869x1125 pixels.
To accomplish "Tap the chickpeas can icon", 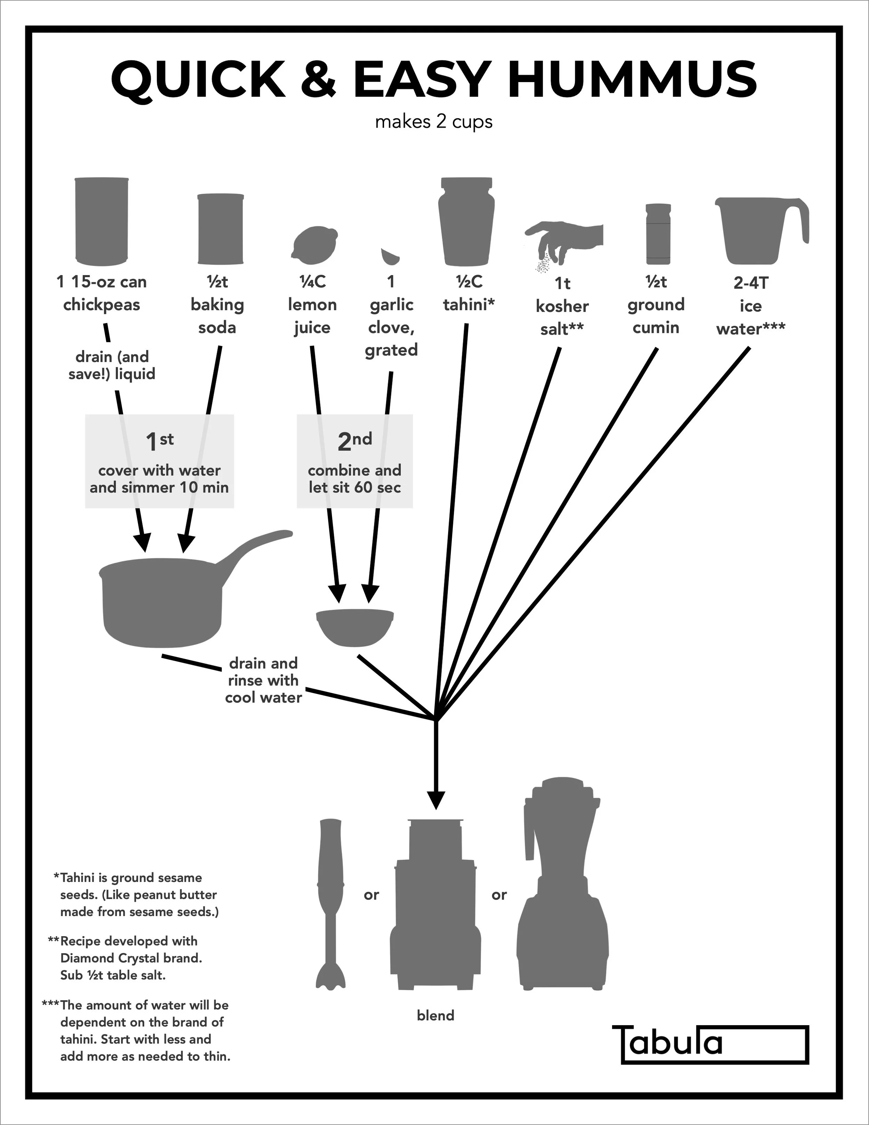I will [x=101, y=220].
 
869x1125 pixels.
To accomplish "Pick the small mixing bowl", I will [x=355, y=627].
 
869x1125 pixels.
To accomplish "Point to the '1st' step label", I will [x=160, y=441].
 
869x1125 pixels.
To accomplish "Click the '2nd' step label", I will [x=355, y=441].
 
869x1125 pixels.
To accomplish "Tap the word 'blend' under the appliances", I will [x=436, y=1015].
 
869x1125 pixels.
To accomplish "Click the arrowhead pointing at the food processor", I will [x=436, y=800].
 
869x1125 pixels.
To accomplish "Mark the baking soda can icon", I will [x=220, y=229].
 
